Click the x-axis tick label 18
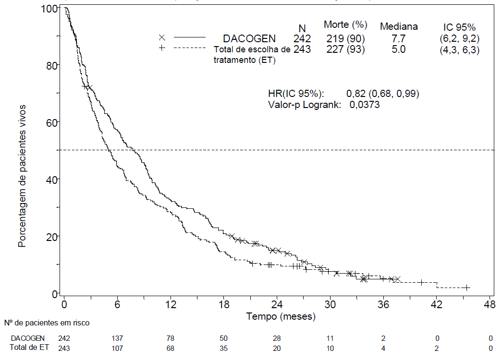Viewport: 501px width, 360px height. (224, 304)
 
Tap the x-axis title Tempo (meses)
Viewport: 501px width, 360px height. (281, 317)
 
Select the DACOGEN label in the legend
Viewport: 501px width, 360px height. (249, 38)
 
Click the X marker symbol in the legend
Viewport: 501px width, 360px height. (162, 37)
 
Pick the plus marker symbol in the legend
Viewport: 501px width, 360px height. (162, 48)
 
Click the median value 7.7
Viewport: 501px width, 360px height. (398, 38)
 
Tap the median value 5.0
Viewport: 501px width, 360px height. (398, 49)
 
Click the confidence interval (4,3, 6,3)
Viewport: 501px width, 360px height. (459, 50)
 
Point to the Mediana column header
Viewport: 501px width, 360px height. (399, 26)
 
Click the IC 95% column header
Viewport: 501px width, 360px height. (459, 27)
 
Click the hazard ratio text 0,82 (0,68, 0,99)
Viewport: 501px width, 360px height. (383, 94)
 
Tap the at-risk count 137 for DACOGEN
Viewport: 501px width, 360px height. (118, 338)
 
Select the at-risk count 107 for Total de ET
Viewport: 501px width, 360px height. (118, 348)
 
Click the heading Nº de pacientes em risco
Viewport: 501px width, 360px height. (46, 323)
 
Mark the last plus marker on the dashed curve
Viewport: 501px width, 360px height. (466, 288)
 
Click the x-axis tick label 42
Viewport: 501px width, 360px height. (436, 304)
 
